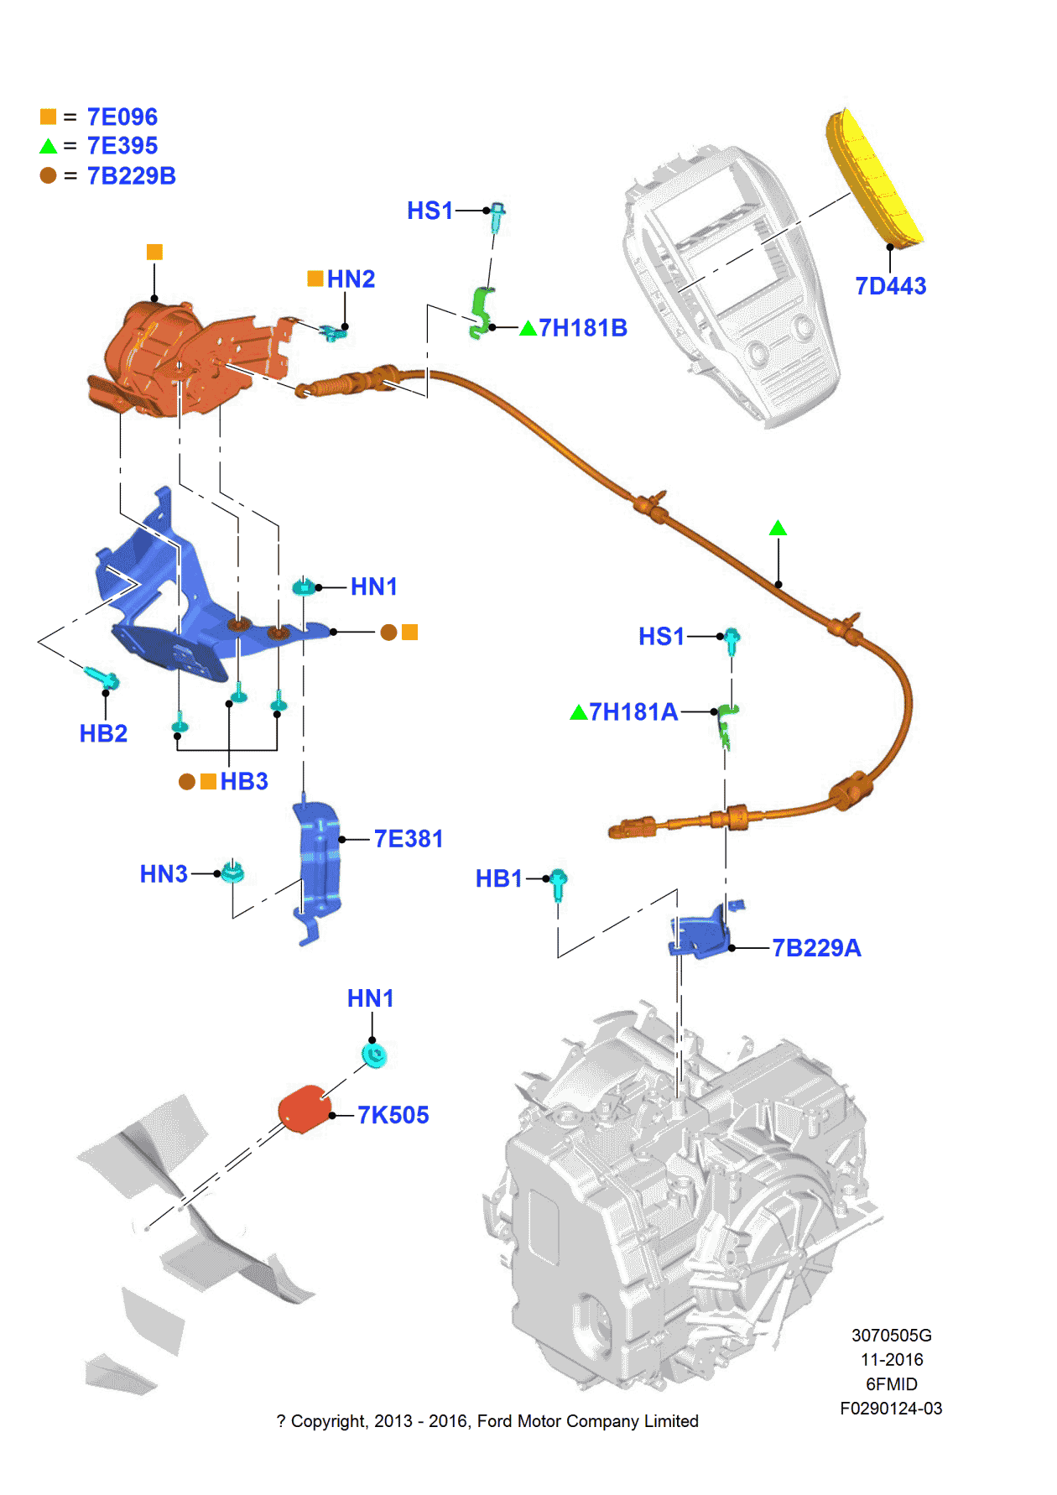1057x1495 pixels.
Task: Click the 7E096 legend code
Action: coord(122,117)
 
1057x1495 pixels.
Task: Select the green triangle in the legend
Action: coord(49,146)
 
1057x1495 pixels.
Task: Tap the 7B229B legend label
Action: coord(131,176)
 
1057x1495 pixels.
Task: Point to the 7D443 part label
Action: coord(890,286)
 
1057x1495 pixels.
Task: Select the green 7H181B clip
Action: coord(482,312)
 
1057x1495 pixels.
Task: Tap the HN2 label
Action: coord(351,279)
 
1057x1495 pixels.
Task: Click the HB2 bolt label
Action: coord(103,733)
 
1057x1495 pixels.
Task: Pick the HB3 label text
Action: coord(244,781)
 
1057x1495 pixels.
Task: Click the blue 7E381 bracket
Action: coord(319,864)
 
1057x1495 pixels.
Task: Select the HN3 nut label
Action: coord(164,874)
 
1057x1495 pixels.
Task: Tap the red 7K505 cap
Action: coord(304,1108)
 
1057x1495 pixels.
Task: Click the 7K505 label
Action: coord(393,1115)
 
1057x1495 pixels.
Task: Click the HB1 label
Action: coord(498,878)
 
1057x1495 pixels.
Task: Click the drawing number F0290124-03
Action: coord(891,1409)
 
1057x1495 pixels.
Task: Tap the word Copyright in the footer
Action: coord(329,1421)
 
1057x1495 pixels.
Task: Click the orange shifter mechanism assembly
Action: coord(180,361)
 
